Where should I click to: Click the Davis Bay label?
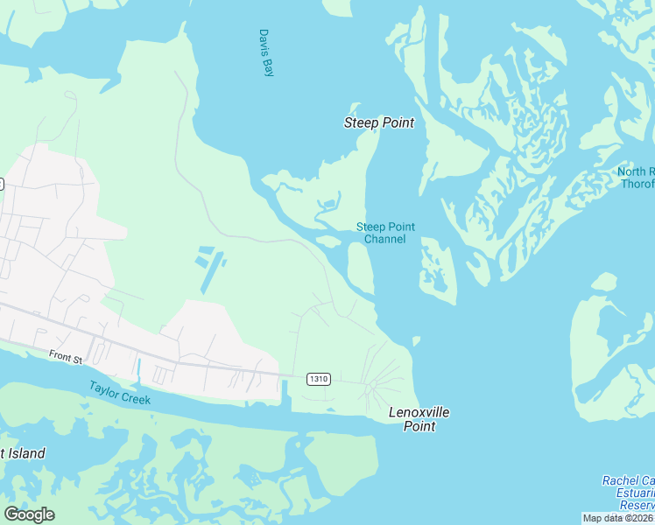(x=266, y=52)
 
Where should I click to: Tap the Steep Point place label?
(x=378, y=123)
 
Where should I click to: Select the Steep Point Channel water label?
(x=385, y=233)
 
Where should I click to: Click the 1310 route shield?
(x=318, y=379)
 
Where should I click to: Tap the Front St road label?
(x=65, y=356)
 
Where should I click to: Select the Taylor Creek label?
(x=119, y=393)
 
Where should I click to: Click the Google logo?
(x=29, y=514)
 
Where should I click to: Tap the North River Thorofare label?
(x=637, y=178)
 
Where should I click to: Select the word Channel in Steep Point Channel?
(x=385, y=240)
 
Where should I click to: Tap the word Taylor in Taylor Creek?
(x=104, y=388)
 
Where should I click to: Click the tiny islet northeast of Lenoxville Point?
(x=416, y=340)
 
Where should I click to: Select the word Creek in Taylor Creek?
(x=136, y=398)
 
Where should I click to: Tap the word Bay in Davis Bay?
(x=268, y=66)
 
